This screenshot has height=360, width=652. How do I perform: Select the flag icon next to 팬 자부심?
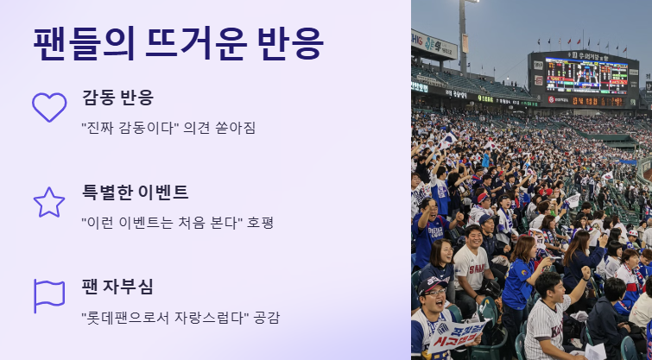(35, 296)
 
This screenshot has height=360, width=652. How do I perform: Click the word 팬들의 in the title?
(84, 44)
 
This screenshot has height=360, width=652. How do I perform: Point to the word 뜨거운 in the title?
(196, 44)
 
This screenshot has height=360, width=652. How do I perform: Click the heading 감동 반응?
(117, 98)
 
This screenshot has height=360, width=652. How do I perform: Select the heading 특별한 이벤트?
(135, 192)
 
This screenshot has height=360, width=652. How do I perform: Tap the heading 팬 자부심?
(117, 287)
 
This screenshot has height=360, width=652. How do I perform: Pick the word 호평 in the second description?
(260, 223)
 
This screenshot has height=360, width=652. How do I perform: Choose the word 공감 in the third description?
(267, 318)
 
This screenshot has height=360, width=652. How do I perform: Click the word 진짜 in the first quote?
(98, 128)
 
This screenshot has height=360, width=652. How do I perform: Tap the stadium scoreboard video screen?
(586, 76)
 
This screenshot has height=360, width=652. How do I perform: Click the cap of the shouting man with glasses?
(433, 285)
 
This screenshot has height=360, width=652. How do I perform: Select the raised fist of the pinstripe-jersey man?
(586, 271)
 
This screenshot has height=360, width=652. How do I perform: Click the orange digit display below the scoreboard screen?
(598, 101)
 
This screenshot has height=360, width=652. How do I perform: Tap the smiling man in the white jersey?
(472, 265)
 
